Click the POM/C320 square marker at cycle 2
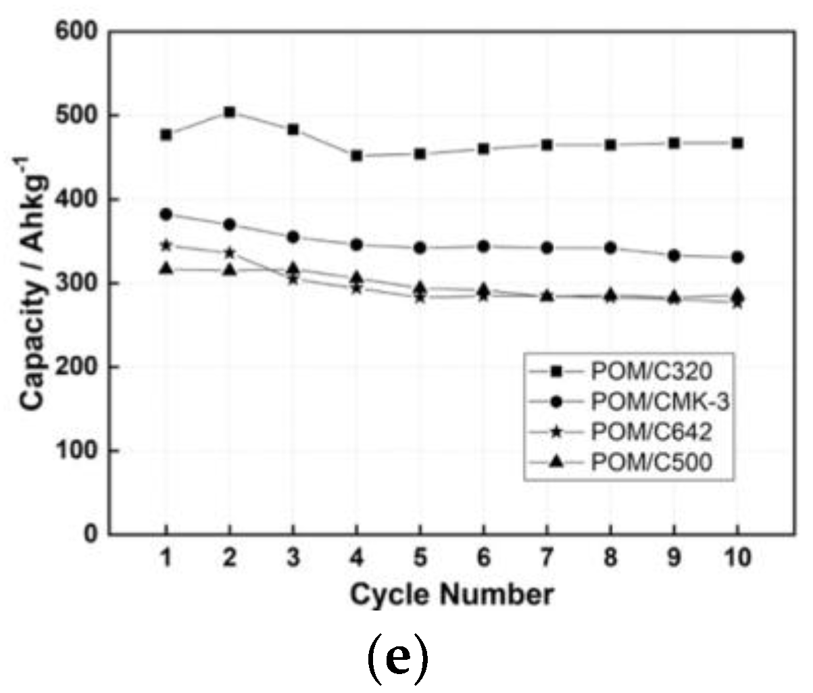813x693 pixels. pyautogui.click(x=230, y=112)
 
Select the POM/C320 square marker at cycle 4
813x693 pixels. pyautogui.click(x=357, y=156)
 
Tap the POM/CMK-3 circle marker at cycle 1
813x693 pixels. pyautogui.click(x=166, y=214)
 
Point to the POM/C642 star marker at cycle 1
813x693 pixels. pyautogui.click(x=166, y=245)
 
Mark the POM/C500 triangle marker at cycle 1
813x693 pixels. pyautogui.click(x=166, y=269)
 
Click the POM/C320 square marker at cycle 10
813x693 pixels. pyautogui.click(x=737, y=143)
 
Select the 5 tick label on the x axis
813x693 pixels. pyautogui.click(x=420, y=559)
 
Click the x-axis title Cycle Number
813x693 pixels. pyautogui.click(x=451, y=595)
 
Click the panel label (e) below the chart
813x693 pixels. pyautogui.click(x=398, y=661)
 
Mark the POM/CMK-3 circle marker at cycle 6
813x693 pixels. pyautogui.click(x=484, y=247)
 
